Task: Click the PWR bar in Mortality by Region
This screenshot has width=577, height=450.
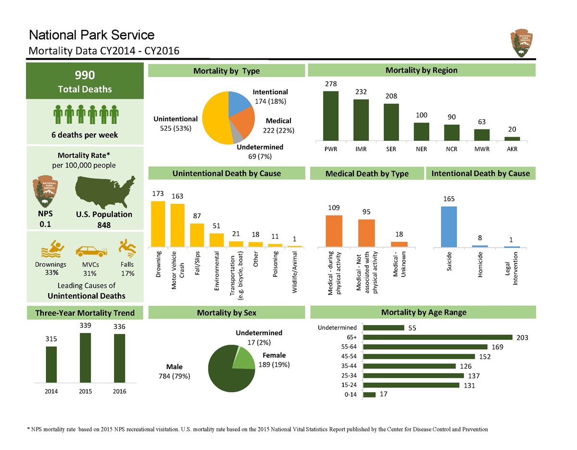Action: [330, 116]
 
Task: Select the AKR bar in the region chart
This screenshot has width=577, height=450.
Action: [512, 138]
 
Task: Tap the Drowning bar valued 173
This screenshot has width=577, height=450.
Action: [158, 224]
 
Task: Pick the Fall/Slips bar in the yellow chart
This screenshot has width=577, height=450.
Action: [197, 235]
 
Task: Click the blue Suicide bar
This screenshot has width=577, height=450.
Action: [449, 227]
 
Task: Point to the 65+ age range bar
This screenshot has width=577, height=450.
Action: [438, 337]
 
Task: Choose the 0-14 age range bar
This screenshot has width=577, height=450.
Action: [369, 395]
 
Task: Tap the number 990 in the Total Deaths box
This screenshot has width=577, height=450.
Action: [85, 75]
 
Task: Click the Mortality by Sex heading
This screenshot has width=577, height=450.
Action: [226, 312]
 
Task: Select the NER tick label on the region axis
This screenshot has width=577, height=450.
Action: [421, 149]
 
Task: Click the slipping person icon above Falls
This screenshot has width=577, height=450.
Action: [127, 248]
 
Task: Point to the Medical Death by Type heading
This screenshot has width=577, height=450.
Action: [367, 174]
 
